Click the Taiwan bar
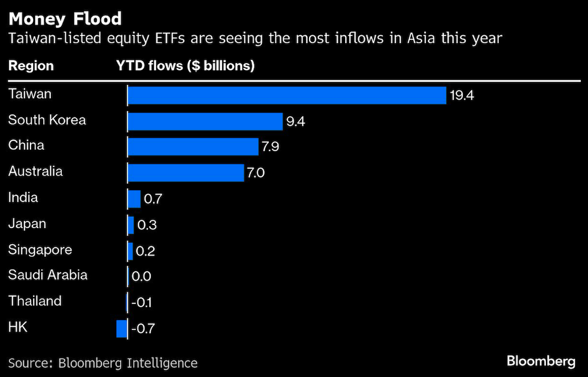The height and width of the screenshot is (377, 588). pyautogui.click(x=287, y=95)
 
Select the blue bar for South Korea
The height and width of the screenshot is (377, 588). pyautogui.click(x=205, y=121)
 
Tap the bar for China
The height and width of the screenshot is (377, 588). pyautogui.click(x=193, y=147)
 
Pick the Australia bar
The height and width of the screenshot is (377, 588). pyautogui.click(x=186, y=173)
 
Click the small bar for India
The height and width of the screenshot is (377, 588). pyautogui.click(x=134, y=199)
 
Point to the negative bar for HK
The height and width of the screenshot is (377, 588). pyautogui.click(x=122, y=329)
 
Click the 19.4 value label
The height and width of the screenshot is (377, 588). pyautogui.click(x=462, y=95)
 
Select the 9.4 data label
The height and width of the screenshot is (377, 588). pyautogui.click(x=295, y=121)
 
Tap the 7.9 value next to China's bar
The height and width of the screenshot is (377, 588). pyautogui.click(x=271, y=147)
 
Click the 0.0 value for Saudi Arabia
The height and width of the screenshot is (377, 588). pyautogui.click(x=142, y=276)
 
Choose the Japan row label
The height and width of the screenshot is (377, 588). pyautogui.click(x=27, y=224)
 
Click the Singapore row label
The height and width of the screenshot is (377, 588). pyautogui.click(x=40, y=250)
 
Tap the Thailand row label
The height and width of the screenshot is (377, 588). pyautogui.click(x=35, y=301)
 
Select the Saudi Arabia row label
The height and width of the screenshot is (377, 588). pyautogui.click(x=48, y=275)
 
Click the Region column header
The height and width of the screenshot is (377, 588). pyautogui.click(x=31, y=66)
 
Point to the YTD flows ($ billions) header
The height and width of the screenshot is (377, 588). pyautogui.click(x=185, y=66)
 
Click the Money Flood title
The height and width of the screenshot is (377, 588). pyautogui.click(x=65, y=19)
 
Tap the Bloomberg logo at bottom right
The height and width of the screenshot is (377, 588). pyautogui.click(x=541, y=361)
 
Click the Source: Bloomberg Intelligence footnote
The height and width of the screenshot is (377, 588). pyautogui.click(x=103, y=363)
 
